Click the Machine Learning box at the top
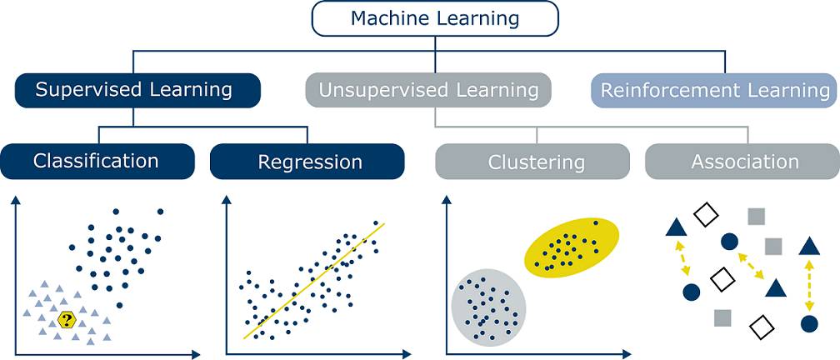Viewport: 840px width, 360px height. [x=434, y=18]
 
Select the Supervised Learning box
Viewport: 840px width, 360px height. [x=137, y=90]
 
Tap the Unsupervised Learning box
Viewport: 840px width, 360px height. [x=427, y=90]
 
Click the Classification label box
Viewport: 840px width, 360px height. [x=97, y=161]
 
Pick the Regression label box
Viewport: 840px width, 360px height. [x=307, y=162]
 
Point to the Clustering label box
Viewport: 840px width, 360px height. [x=532, y=162]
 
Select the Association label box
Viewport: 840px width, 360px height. [x=744, y=162]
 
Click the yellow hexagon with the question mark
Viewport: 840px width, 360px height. [x=67, y=318]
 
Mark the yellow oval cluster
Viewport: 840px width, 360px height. [x=572, y=247]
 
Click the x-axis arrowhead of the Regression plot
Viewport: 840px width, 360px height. [x=407, y=354]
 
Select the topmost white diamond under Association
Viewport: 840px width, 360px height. [x=706, y=215]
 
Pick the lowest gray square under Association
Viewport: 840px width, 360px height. [x=722, y=317]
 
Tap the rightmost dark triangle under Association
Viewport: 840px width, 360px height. [x=807, y=246]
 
